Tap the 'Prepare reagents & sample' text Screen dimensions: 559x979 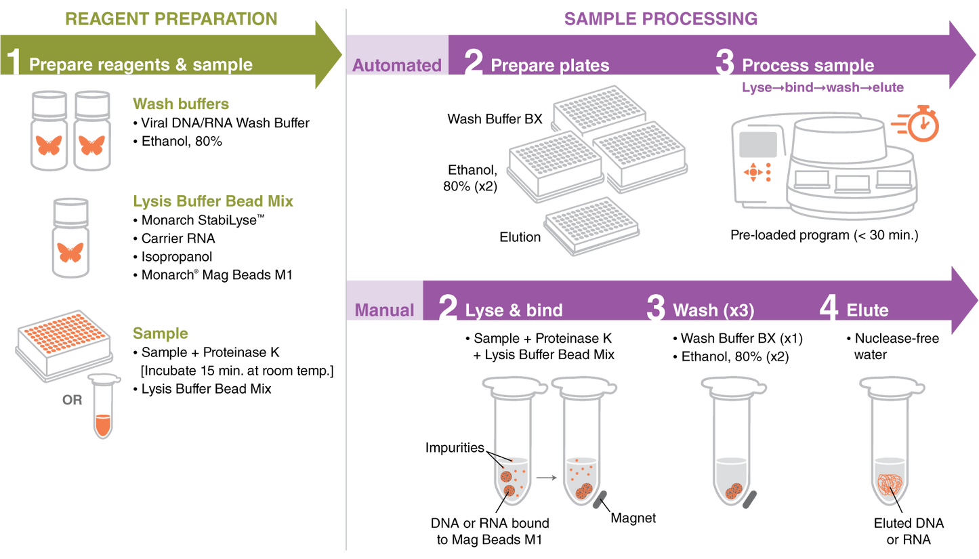coord(141,65)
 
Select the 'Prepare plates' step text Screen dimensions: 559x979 coord(549,66)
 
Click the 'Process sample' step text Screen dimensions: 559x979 coord(808,66)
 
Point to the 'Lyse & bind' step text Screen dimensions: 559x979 coord(514,310)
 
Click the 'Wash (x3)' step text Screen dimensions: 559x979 coord(713,310)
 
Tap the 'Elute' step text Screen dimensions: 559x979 coord(867,310)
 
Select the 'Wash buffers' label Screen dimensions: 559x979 coord(180,104)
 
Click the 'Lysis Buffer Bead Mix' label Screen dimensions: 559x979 coord(213,201)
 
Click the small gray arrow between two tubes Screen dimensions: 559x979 coord(545,478)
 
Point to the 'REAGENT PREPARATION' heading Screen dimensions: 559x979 coord(171,18)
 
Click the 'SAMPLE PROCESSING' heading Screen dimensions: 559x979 coord(660,18)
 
